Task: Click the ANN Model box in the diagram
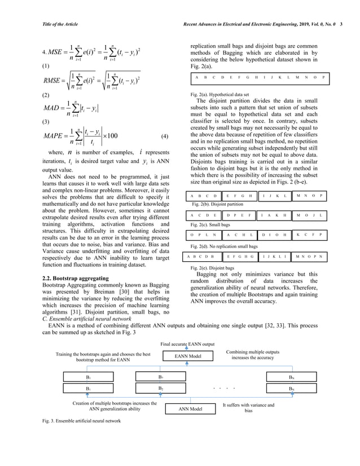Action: [190, 408]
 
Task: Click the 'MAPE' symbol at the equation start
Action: [55, 137]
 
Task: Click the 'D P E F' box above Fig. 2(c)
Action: [239, 215]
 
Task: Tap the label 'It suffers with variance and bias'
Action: [248, 408]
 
